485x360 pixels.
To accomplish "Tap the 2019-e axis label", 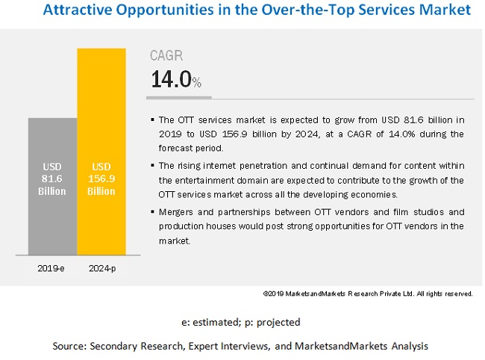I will pyautogui.click(x=52, y=268).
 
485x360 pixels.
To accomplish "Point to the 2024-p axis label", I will pyautogui.click(x=101, y=268).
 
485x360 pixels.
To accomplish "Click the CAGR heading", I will pyautogui.click(x=166, y=56).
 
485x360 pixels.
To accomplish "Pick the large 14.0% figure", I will pyautogui.click(x=176, y=80).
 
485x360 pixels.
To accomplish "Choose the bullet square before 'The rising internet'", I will pyautogui.click(x=152, y=166).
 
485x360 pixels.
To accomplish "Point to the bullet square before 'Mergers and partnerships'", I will pyautogui.click(x=152, y=212).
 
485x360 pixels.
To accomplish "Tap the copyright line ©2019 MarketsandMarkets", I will pyautogui.click(x=368, y=294).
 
